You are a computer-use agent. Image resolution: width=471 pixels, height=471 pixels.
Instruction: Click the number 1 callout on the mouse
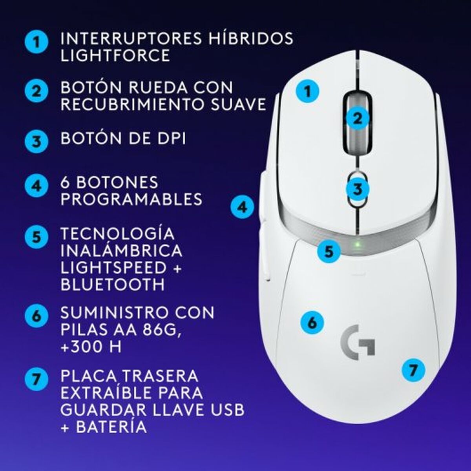click(x=307, y=91)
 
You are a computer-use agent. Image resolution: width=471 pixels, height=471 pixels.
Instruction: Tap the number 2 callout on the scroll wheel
click(x=357, y=118)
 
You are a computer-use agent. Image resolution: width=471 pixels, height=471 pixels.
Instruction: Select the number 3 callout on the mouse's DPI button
click(x=357, y=189)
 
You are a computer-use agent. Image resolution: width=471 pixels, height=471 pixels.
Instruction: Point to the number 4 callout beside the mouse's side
click(x=243, y=206)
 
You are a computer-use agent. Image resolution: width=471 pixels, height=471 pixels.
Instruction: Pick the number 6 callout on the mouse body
click(x=312, y=323)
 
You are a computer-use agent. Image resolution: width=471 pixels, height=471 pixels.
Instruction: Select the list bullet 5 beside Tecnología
click(x=37, y=237)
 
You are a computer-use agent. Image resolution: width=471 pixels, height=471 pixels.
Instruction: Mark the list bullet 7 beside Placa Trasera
click(x=37, y=380)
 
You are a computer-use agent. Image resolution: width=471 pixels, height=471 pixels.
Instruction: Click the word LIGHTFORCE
click(x=115, y=55)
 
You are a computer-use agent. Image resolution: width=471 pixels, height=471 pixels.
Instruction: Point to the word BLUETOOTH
click(x=113, y=284)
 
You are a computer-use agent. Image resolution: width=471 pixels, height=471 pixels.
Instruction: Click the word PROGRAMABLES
click(x=131, y=199)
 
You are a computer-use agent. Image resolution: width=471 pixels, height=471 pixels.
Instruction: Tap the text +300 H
click(x=91, y=347)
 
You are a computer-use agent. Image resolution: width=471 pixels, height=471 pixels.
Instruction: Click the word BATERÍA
click(x=111, y=427)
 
